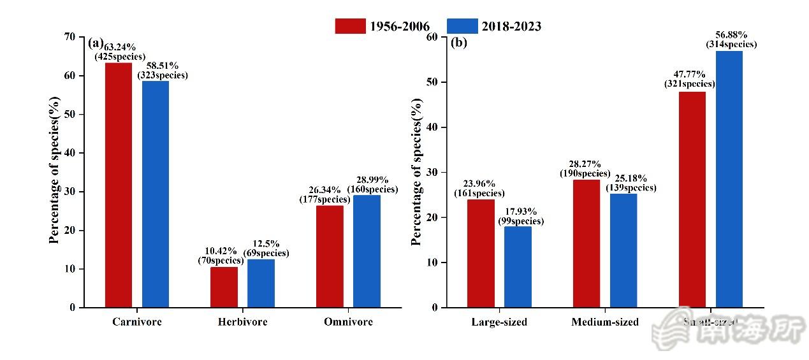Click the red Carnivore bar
click(119, 185)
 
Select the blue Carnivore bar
click(156, 194)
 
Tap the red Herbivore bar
click(224, 287)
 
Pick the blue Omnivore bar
click(367, 251)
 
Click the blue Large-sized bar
click(518, 267)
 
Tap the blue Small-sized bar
click(729, 179)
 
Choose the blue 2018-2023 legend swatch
click(462, 26)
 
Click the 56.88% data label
click(731, 35)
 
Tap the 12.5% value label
click(266, 244)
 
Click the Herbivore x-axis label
click(242, 322)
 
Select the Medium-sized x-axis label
click(605, 322)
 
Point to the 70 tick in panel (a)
click(68, 37)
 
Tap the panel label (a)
click(95, 43)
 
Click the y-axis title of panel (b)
click(417, 172)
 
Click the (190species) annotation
click(585, 173)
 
